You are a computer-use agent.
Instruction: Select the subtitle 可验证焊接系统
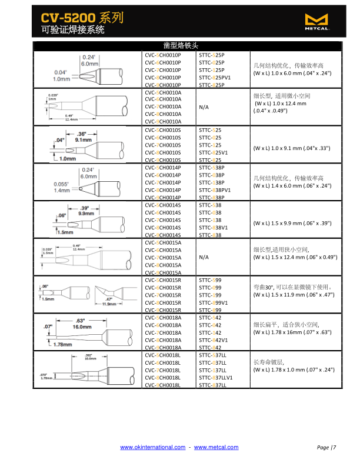pyautogui.click(x=73, y=29)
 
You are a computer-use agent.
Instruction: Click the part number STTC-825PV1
pyautogui.click(x=215, y=77)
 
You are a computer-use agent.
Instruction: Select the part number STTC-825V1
pyautogui.click(x=214, y=152)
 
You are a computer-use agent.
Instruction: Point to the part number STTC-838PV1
pyautogui.click(x=215, y=190)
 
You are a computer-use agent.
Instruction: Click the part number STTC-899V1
pyautogui.click(x=214, y=302)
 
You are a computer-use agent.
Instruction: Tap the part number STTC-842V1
pyautogui.click(x=214, y=340)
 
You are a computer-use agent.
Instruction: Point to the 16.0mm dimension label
pyautogui.click(x=81, y=327)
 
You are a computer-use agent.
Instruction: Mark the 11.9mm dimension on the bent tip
pyautogui.click(x=109, y=304)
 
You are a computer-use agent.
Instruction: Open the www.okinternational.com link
pyautogui.click(x=152, y=448)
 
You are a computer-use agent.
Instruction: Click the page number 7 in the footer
pyautogui.click(x=334, y=448)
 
